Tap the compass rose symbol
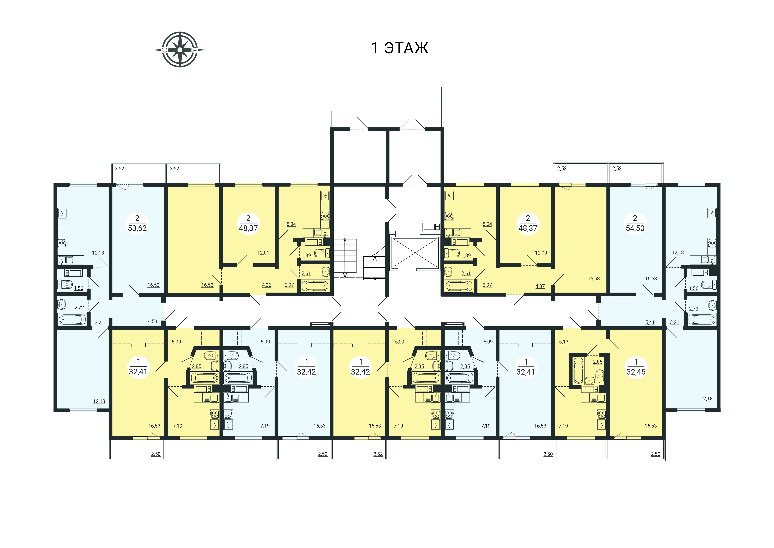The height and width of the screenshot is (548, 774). (180, 50)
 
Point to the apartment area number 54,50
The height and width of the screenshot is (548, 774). (635, 228)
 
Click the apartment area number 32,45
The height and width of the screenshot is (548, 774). (636, 372)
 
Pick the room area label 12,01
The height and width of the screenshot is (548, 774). (263, 253)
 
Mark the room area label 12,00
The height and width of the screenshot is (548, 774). (541, 253)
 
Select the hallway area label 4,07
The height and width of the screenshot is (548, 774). (540, 286)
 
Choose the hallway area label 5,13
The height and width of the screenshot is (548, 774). (564, 342)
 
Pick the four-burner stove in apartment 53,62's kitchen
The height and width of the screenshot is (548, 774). (62, 243)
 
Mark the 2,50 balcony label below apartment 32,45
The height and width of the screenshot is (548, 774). (656, 454)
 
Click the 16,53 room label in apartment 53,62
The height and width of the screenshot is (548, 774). (153, 285)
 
